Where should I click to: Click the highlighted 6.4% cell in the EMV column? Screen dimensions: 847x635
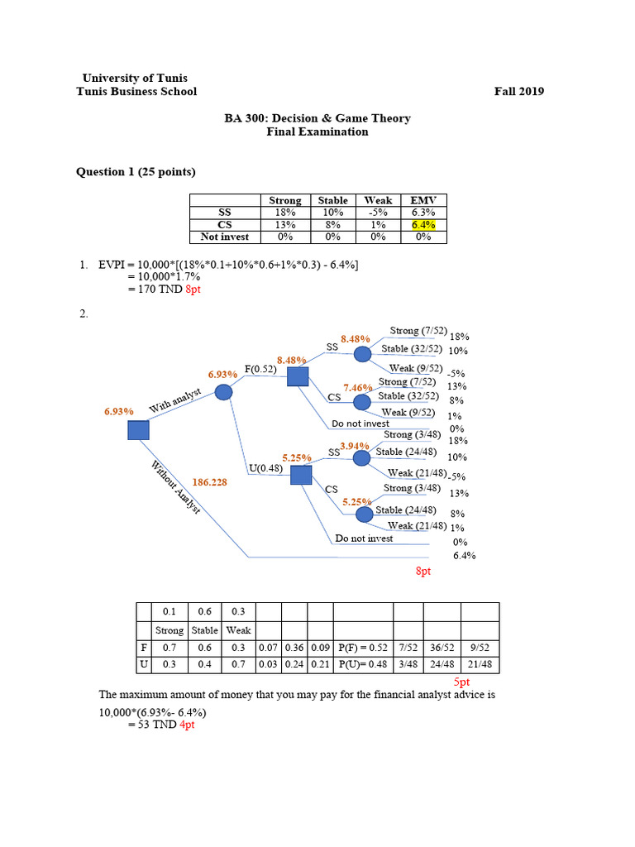click(x=423, y=224)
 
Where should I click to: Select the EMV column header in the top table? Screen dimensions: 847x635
click(x=423, y=200)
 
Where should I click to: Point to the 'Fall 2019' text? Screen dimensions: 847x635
click(x=518, y=92)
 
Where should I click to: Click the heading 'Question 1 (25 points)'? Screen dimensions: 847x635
click(x=136, y=172)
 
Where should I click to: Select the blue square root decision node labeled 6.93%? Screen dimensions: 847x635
click(x=138, y=430)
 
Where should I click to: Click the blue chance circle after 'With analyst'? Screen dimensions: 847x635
click(x=223, y=393)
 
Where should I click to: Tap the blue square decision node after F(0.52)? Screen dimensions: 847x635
click(x=298, y=377)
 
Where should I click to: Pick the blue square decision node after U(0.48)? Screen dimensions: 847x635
click(x=301, y=475)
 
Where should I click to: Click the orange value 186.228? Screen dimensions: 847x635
click(x=210, y=481)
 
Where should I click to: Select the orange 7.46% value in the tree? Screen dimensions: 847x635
click(x=358, y=387)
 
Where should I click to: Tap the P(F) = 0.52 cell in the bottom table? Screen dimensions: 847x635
click(x=362, y=648)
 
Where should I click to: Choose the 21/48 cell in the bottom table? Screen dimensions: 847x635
click(x=480, y=664)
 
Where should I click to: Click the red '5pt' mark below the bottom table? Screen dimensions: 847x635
click(x=462, y=682)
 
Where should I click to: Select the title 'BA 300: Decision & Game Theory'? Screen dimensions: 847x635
click(x=317, y=118)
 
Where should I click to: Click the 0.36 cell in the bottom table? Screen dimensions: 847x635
click(x=294, y=648)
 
